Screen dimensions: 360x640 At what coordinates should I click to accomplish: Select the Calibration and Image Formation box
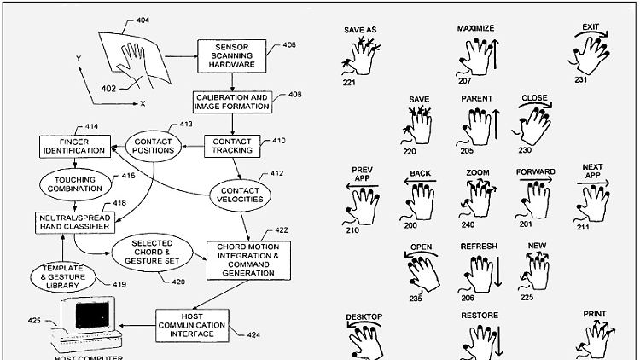point(231,103)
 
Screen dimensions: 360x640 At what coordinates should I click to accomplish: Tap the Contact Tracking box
point(231,145)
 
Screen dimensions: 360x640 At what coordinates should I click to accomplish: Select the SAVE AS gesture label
point(359,30)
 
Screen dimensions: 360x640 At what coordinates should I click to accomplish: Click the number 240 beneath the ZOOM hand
point(468,226)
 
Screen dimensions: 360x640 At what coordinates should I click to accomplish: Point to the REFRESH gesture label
point(479,247)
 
